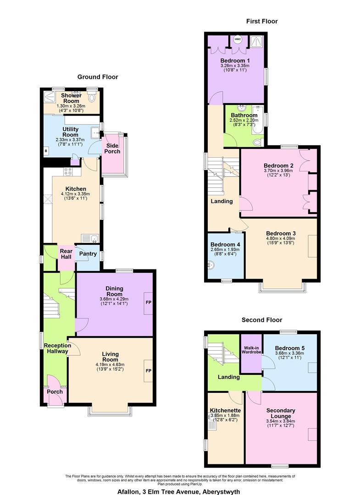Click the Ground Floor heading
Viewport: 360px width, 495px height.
[97, 77]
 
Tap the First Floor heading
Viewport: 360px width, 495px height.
[262, 21]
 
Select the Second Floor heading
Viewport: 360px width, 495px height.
[262, 320]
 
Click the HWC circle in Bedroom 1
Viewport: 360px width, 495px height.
[238, 39]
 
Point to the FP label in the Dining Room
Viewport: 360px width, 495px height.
[148, 303]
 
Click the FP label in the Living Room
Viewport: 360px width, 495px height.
[148, 370]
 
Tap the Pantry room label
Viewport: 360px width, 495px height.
[88, 253]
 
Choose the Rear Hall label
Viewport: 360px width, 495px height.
[66, 254]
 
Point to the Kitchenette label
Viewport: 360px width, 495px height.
[225, 410]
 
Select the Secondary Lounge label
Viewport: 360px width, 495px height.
[280, 413]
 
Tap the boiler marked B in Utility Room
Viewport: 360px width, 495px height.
[46, 150]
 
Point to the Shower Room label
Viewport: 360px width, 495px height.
[71, 98]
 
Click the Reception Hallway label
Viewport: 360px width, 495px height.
[57, 348]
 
